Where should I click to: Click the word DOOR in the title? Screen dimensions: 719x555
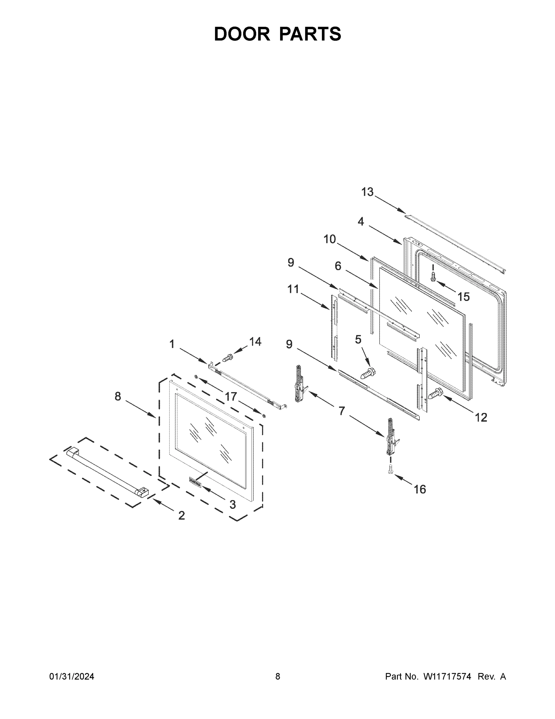[x=242, y=34]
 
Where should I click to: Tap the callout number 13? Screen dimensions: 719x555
[x=367, y=192]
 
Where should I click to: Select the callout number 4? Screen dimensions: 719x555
[x=361, y=222]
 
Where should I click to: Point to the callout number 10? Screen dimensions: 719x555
[x=329, y=239]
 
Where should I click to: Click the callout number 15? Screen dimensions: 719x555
[x=463, y=297]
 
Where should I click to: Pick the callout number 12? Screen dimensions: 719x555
[x=481, y=417]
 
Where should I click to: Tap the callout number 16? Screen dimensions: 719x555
[x=420, y=490]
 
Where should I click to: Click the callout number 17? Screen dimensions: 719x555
[x=231, y=397]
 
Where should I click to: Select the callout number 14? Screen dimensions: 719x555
[x=255, y=342]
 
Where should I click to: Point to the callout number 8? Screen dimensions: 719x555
[x=118, y=396]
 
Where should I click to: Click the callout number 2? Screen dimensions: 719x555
[x=182, y=515]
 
